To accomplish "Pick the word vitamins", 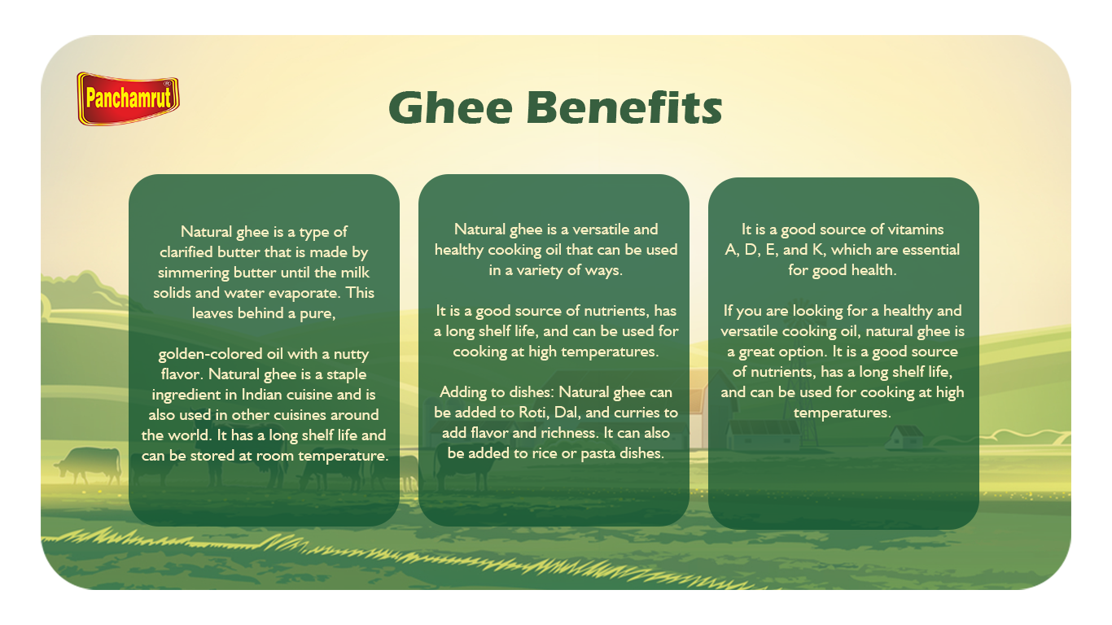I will (916, 229).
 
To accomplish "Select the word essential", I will (929, 250).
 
